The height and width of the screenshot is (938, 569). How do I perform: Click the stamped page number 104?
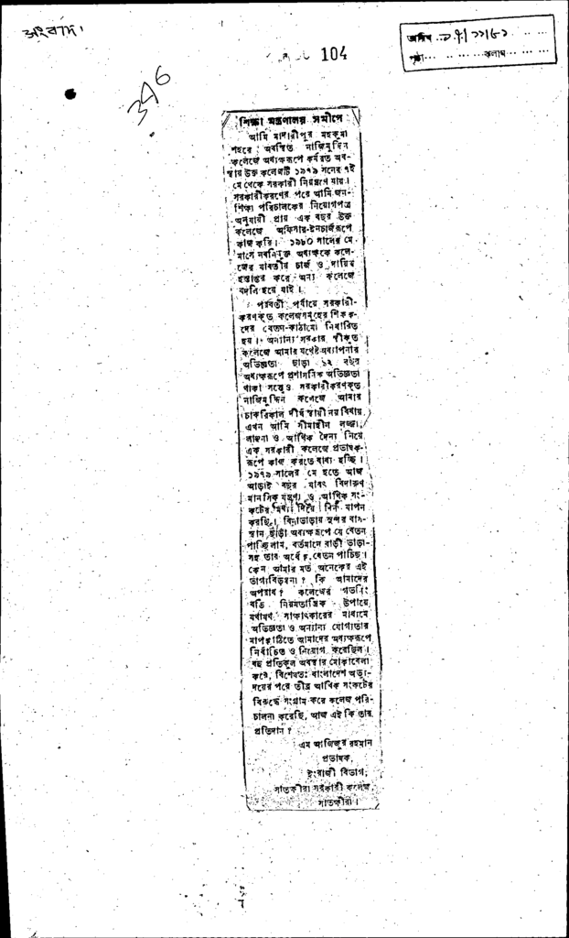333,55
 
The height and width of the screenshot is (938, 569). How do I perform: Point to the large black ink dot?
70,93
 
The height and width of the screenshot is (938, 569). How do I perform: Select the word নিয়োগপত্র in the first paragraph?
320,207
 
